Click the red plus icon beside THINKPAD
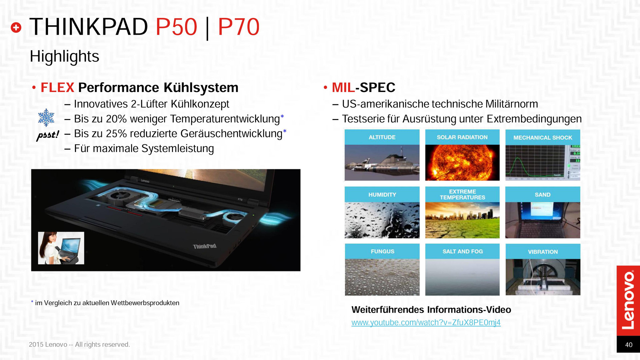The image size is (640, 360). coord(16,28)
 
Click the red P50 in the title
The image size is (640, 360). coord(176,27)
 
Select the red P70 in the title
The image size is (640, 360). coord(239,27)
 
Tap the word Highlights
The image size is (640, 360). coord(64,56)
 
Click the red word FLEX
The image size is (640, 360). coord(57,88)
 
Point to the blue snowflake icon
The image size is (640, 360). coord(46,117)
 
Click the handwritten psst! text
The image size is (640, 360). coord(48,135)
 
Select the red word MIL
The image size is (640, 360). coord(343,88)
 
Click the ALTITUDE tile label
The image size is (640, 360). coord(382,137)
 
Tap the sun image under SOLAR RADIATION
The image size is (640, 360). coord(462,163)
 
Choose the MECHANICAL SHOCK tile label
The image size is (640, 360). coord(543,138)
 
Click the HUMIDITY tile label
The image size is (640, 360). coord(382,195)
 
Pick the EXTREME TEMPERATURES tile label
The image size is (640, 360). coord(462,194)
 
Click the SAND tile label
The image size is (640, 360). coord(543,195)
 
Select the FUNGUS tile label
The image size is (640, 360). coord(382,251)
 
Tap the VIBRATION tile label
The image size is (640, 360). coord(543,252)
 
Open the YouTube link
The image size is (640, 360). coord(426,323)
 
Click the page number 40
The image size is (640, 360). coord(629,345)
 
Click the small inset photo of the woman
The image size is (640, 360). coord(61,248)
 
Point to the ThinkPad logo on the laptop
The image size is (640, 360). coord(205,246)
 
